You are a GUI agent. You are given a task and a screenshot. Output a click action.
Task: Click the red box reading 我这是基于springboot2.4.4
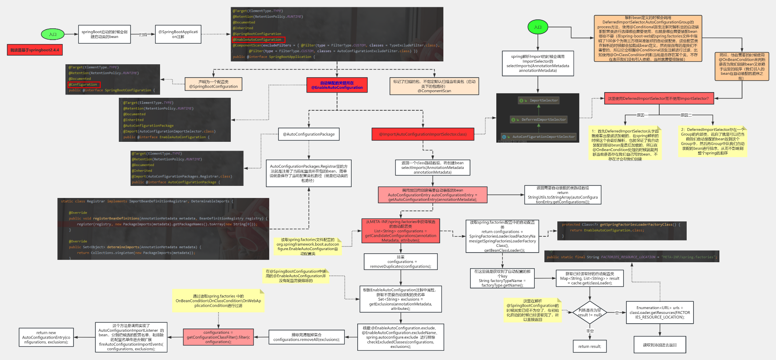point(35,50)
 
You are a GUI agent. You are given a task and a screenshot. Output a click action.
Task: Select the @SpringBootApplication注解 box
point(178,34)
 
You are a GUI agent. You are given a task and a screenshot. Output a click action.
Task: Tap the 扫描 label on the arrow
point(143,35)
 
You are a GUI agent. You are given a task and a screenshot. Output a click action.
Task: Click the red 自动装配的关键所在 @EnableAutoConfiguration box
point(337,85)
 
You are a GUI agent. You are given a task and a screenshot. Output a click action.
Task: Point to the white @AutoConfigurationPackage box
point(309,134)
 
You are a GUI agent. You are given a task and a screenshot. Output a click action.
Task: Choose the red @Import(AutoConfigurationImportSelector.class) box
point(423,134)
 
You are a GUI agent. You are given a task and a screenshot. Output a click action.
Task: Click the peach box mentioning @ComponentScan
point(434,86)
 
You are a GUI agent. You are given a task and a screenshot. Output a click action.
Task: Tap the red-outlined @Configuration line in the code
point(84,84)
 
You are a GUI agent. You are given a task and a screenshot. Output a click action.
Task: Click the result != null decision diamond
point(590,312)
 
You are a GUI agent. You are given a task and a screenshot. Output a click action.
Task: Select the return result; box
point(590,346)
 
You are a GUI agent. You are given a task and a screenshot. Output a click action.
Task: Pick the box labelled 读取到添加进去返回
point(660,345)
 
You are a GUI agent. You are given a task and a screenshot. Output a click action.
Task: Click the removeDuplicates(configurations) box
point(401,262)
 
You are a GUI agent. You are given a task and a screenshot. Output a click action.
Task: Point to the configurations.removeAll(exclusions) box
point(306,337)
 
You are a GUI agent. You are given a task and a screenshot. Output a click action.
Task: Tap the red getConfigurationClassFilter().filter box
point(218,337)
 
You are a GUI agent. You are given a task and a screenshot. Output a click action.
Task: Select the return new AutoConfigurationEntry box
point(46,337)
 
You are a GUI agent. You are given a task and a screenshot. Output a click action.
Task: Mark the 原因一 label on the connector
point(641,115)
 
